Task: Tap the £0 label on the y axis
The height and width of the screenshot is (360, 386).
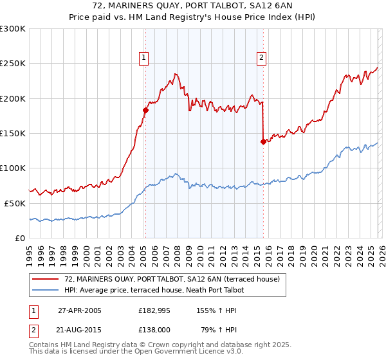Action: (19, 238)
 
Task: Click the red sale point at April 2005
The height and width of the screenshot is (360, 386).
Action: (145, 111)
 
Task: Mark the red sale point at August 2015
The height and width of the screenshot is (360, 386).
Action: (263, 141)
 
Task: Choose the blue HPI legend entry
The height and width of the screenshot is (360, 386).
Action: (164, 291)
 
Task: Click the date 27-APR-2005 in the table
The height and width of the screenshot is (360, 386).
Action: (80, 310)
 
